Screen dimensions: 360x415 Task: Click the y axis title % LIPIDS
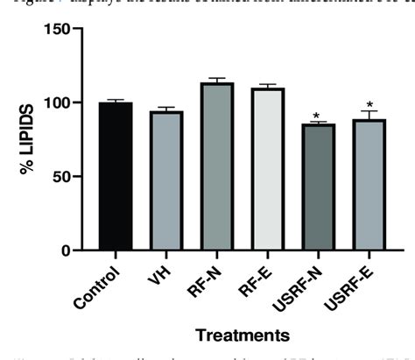pyautogui.click(x=27, y=140)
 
